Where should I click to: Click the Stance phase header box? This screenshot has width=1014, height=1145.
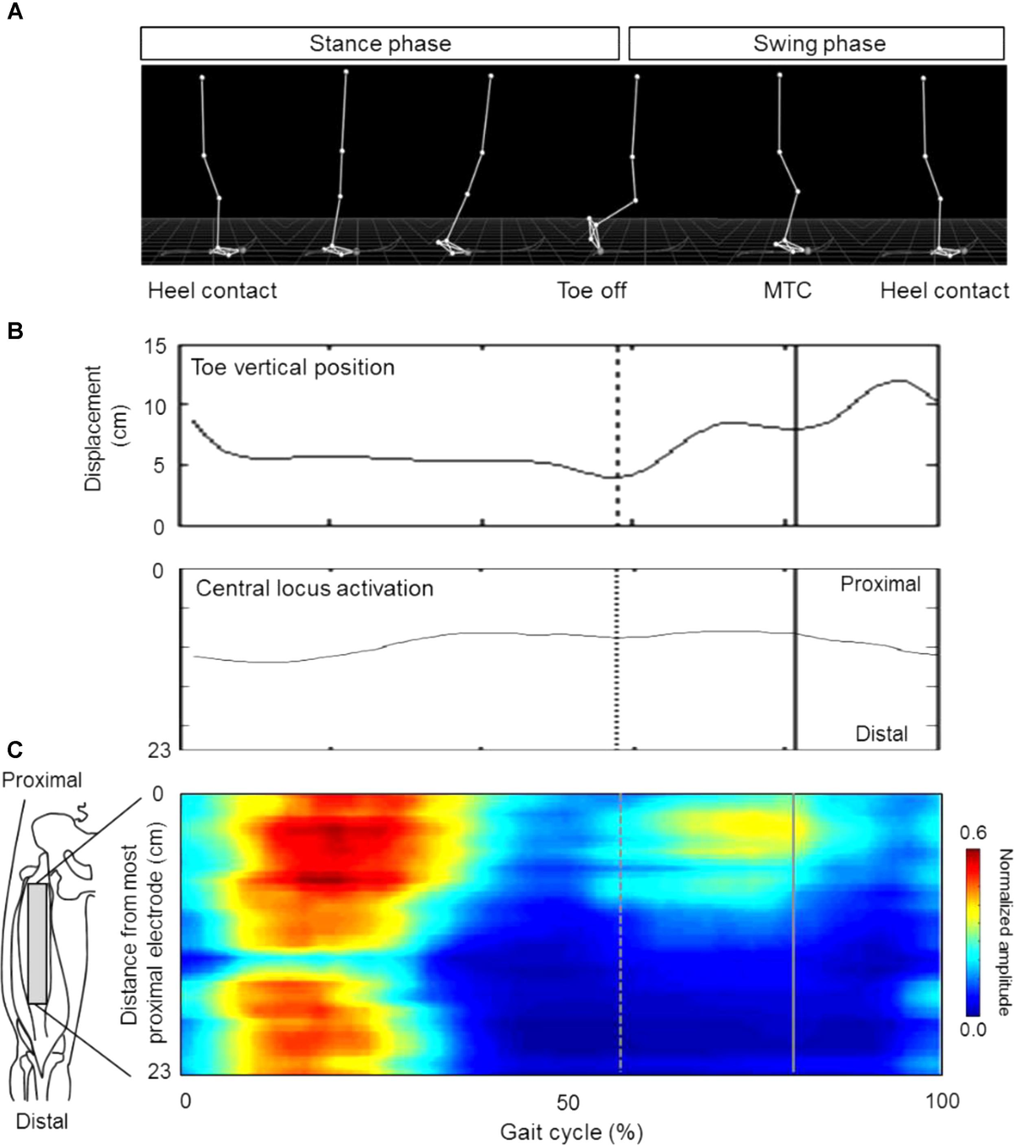click(379, 44)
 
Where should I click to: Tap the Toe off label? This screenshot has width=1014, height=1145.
click(591, 291)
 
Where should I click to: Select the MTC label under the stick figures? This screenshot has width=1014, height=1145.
click(787, 291)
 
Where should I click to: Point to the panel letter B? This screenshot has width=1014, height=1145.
click(14, 331)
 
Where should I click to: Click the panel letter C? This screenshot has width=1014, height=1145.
click(14, 750)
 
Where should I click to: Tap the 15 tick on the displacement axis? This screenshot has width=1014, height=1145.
click(155, 346)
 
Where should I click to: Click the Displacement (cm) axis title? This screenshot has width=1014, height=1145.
click(103, 428)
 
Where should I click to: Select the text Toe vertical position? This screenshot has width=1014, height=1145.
click(292, 368)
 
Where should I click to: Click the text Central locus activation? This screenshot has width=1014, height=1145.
click(314, 588)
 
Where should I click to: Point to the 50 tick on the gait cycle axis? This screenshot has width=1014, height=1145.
click(568, 1102)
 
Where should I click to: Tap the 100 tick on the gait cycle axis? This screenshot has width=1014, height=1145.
click(941, 1102)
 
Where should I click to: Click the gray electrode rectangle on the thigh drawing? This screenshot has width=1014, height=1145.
click(37, 931)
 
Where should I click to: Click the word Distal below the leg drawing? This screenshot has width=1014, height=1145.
click(42, 1121)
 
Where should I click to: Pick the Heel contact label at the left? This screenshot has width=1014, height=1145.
click(212, 291)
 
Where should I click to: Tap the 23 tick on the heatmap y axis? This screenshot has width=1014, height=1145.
click(159, 1071)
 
